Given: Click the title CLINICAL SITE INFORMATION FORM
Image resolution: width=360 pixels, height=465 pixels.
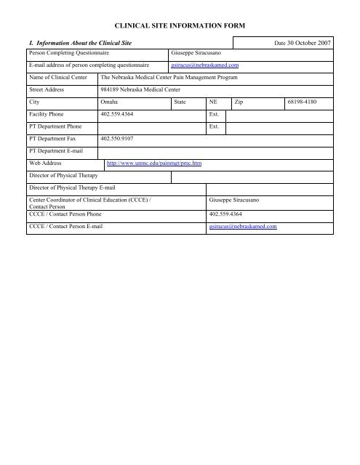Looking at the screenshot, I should (180, 26).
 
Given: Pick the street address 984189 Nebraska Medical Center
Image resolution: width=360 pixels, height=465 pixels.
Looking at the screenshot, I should (145, 90).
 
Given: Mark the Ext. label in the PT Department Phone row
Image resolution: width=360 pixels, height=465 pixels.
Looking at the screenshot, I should (214, 126).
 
